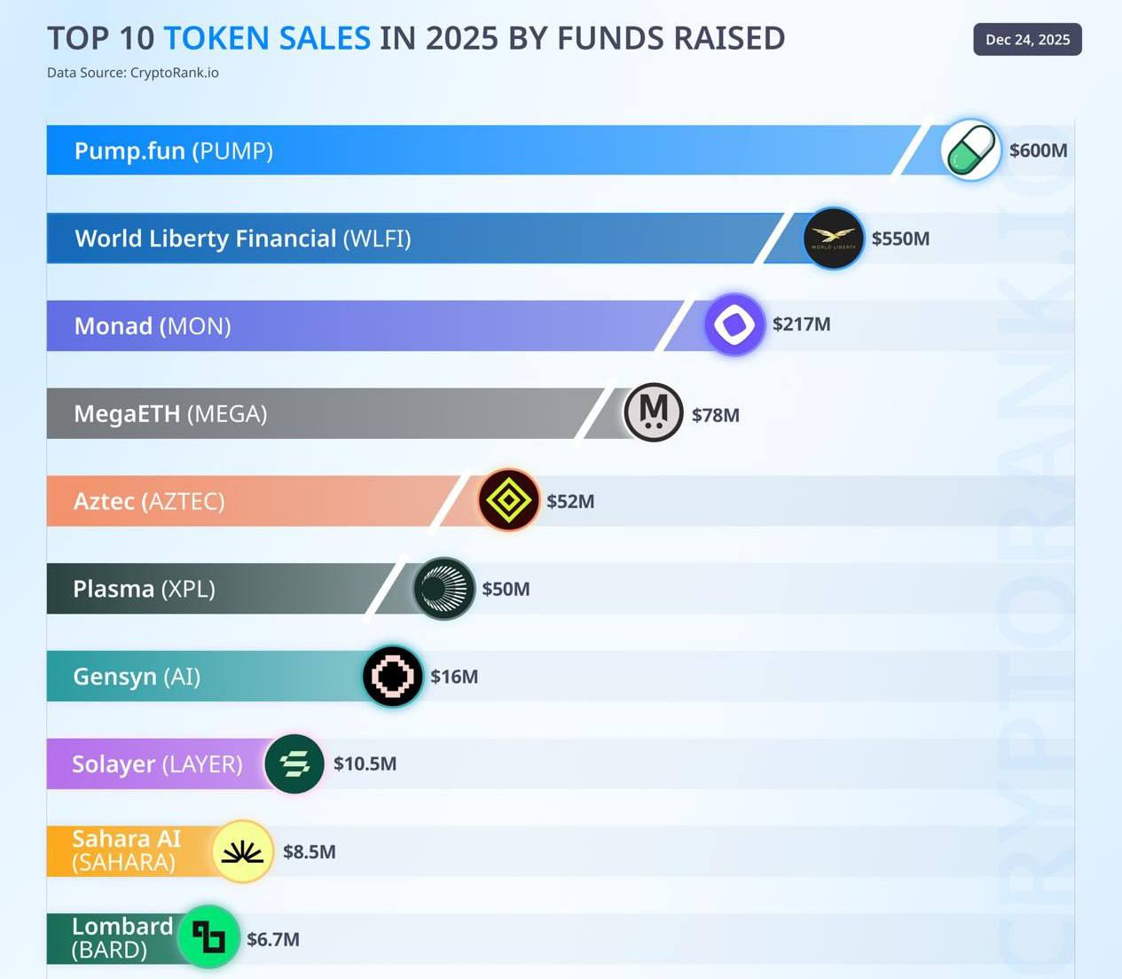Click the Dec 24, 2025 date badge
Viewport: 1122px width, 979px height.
1027,40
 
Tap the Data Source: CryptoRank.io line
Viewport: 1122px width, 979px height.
133,73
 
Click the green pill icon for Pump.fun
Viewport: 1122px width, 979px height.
970,150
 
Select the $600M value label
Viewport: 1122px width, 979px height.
1038,151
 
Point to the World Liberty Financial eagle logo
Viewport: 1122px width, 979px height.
833,238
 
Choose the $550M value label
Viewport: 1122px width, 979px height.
900,239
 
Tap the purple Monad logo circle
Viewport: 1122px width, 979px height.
734,325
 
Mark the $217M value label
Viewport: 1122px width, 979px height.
801,325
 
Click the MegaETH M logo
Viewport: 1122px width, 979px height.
654,412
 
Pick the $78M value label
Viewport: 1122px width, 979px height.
715,415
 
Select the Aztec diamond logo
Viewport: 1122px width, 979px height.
508,500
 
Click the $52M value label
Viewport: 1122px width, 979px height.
570,502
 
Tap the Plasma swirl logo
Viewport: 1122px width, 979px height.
443,588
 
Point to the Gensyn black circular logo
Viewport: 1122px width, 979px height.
393,676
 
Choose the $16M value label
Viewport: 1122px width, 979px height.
454,677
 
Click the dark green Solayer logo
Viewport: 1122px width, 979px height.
294,764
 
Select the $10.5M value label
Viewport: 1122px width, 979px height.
365,764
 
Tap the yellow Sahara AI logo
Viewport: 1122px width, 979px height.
242,851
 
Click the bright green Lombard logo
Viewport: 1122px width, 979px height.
209,936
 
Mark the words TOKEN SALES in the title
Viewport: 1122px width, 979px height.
267,38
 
